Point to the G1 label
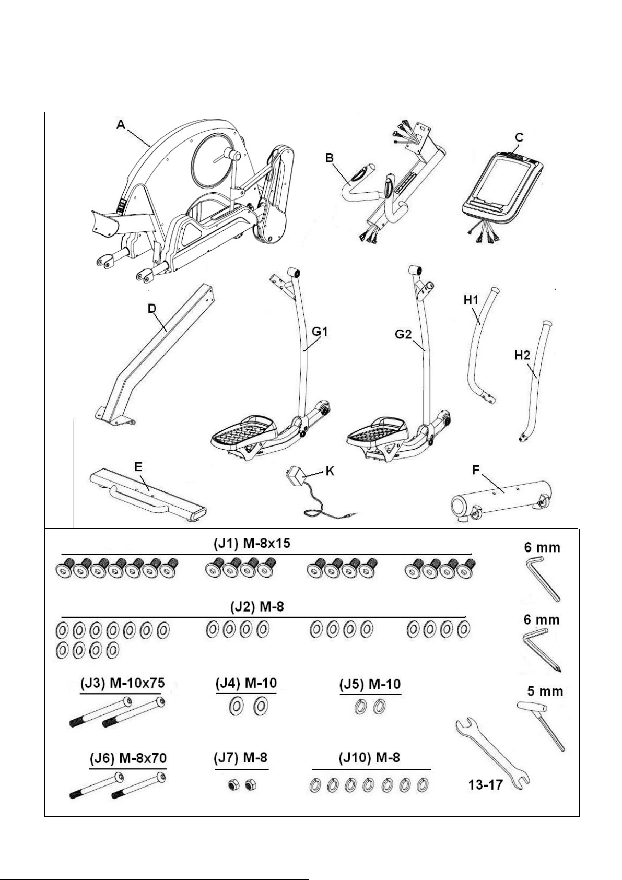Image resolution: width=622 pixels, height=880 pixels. point(320,332)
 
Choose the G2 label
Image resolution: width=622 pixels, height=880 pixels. point(403,335)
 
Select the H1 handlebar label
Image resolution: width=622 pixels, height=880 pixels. point(471,300)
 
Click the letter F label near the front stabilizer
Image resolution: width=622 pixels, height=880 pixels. point(476,470)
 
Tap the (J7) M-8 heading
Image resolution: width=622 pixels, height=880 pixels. point(241,757)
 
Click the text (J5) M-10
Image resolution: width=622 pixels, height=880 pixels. point(370,684)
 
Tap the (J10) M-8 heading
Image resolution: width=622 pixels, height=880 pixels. point(369,757)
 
